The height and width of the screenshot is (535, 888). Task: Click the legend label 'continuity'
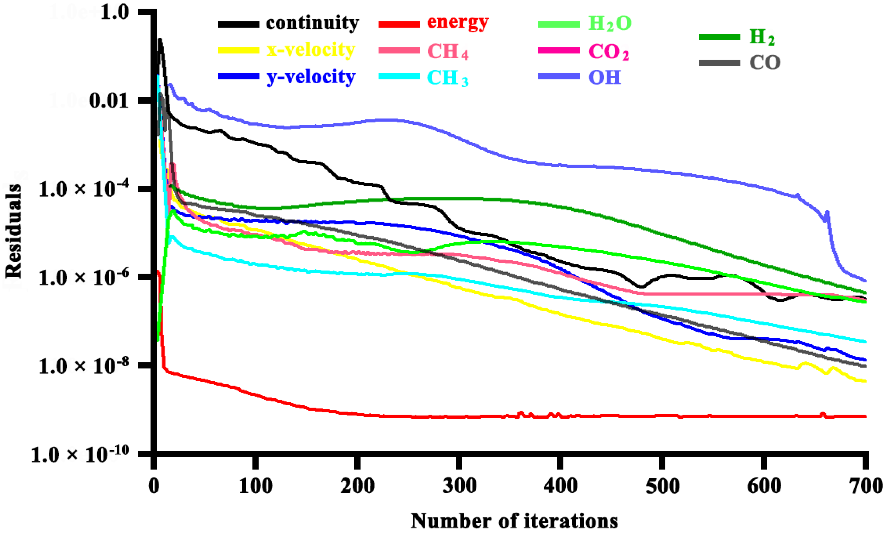312,23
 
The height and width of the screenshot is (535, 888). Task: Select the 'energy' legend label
458,22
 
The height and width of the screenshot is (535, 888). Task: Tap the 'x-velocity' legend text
311,50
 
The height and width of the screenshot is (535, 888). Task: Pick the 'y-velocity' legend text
311,77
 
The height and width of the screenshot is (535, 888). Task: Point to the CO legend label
765,63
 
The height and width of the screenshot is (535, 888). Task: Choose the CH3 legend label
447,78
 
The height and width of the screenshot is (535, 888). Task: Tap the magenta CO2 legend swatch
559,51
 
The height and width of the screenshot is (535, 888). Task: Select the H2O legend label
609,23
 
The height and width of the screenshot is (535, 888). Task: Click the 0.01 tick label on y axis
109,101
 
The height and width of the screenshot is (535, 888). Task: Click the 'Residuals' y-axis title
13,231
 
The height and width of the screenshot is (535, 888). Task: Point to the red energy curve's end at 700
864,416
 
